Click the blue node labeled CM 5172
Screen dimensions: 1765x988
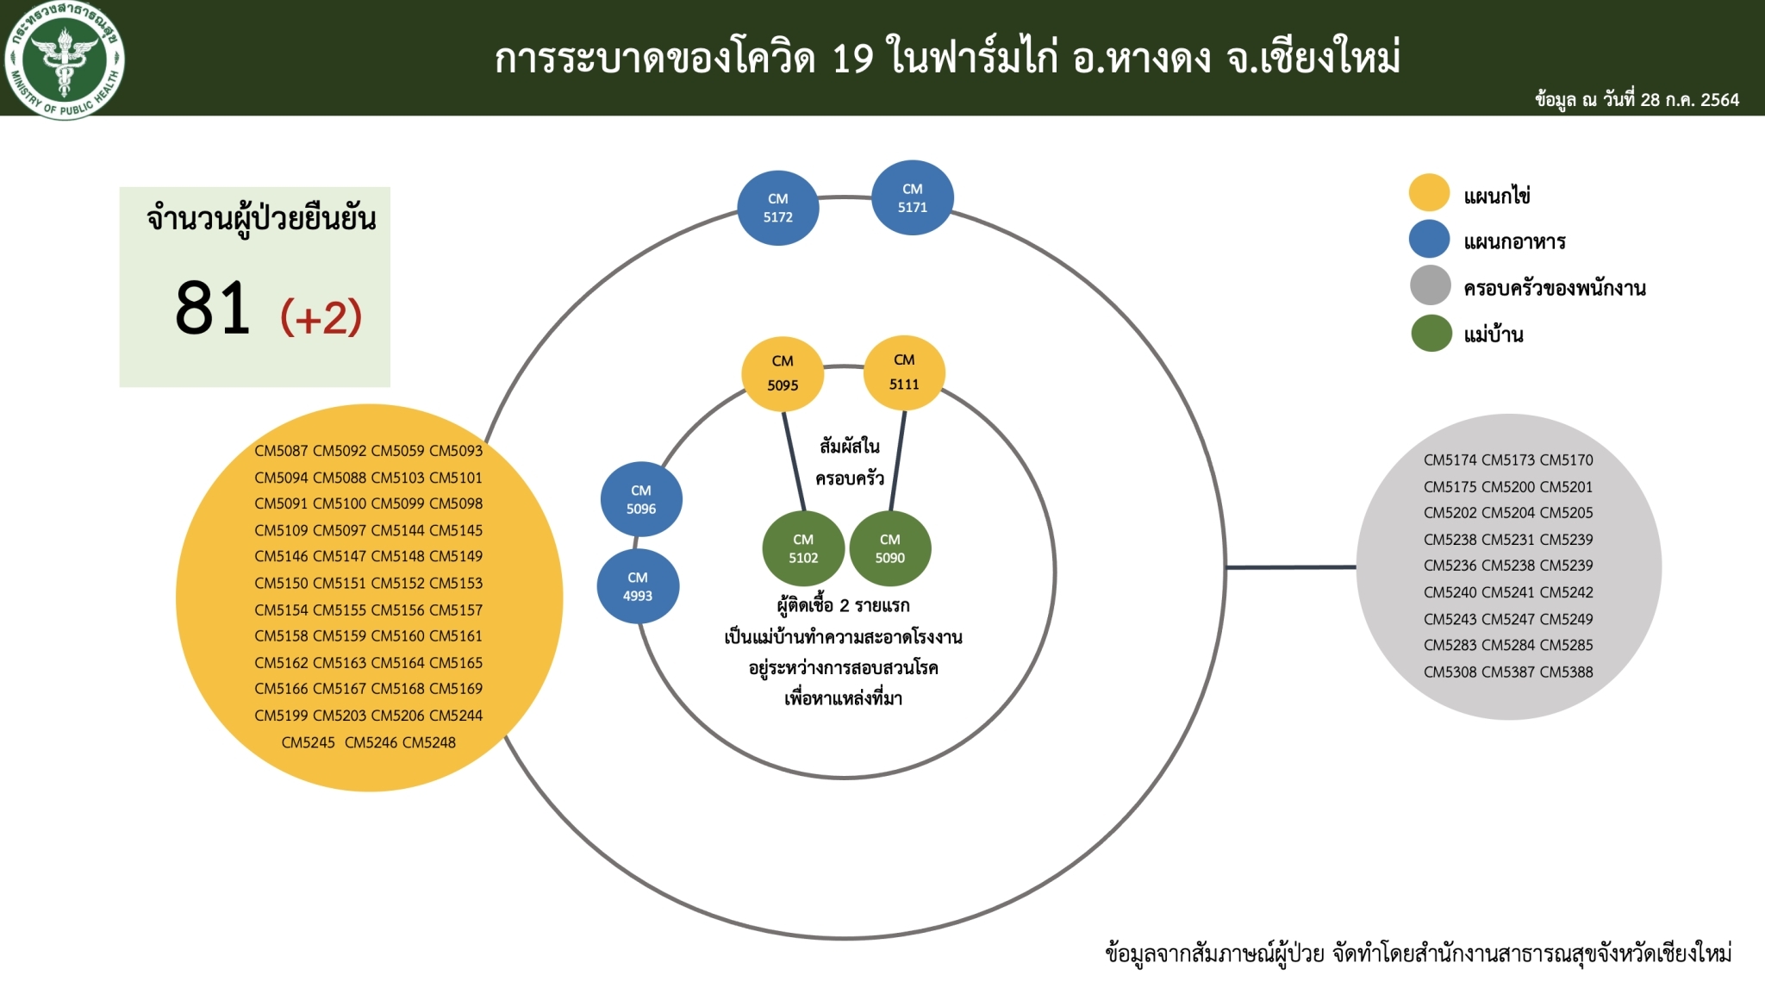click(778, 208)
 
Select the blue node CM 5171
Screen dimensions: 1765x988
click(913, 197)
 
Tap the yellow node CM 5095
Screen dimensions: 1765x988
click(783, 373)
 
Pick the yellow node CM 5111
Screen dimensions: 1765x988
click(904, 372)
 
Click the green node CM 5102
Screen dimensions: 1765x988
click(803, 548)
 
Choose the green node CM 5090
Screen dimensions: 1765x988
click(890, 548)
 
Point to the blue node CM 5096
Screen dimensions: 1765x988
click(641, 499)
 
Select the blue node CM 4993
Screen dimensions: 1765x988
click(638, 586)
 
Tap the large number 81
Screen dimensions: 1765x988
click(213, 308)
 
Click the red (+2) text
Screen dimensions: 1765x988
click(321, 316)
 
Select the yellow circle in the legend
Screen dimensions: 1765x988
click(1429, 192)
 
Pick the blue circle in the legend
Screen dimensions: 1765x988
click(1429, 239)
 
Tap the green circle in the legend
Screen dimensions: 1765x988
click(1431, 333)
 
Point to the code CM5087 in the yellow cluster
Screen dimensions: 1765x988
click(281, 451)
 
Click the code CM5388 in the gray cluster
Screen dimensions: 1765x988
click(1567, 672)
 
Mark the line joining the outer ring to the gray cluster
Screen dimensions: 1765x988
click(1291, 567)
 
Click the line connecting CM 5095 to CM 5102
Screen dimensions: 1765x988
click(794, 461)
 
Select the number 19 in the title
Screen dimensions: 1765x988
click(853, 59)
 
